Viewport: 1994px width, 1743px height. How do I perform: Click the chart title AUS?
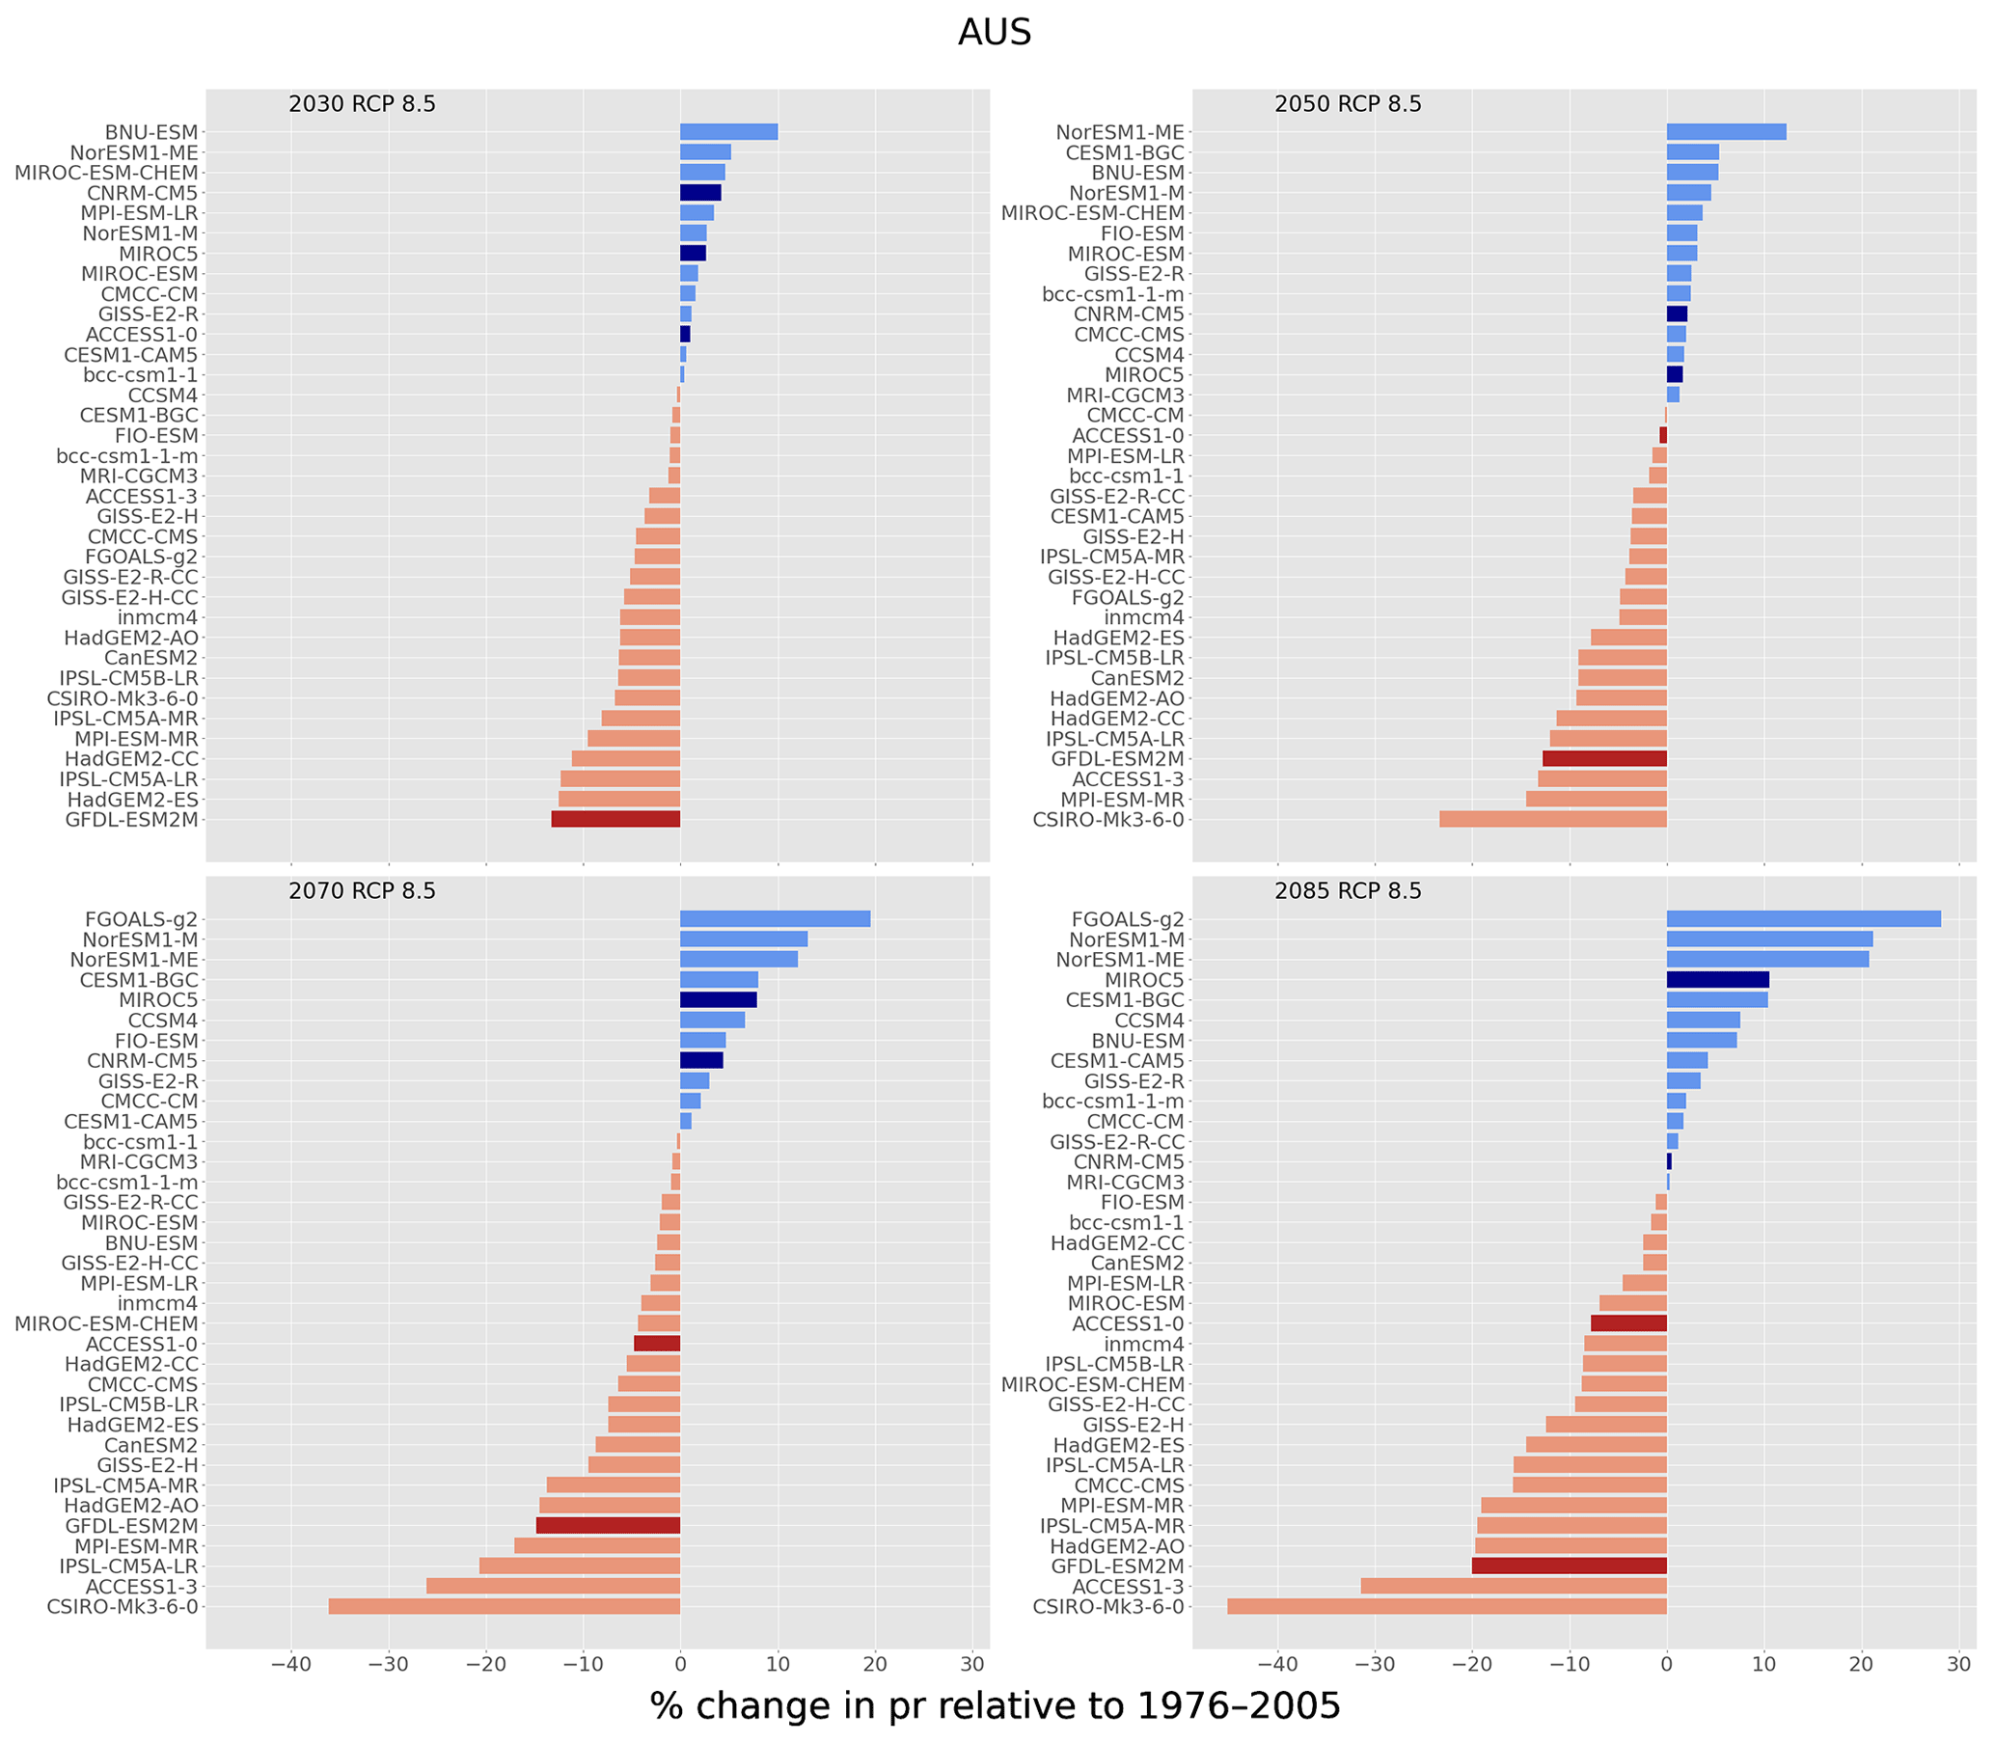pyautogui.click(x=994, y=33)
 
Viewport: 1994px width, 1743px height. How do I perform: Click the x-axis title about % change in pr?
pyautogui.click(x=994, y=1705)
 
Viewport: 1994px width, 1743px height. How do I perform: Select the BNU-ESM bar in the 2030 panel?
pyautogui.click(x=728, y=132)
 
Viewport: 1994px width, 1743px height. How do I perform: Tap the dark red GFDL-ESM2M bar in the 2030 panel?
pyautogui.click(x=615, y=819)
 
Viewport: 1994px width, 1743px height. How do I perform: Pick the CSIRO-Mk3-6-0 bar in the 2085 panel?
pyautogui.click(x=1446, y=1606)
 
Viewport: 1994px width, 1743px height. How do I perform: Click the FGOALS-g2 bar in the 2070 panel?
pyautogui.click(x=776, y=919)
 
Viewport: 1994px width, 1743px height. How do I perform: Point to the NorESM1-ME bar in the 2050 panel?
pyautogui.click(x=1726, y=132)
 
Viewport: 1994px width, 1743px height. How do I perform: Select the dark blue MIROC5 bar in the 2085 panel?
pyautogui.click(x=1717, y=979)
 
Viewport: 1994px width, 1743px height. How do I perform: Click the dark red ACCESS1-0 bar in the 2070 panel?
pyautogui.click(x=657, y=1344)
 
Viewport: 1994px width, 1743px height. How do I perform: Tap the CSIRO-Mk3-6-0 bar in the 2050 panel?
pyautogui.click(x=1552, y=819)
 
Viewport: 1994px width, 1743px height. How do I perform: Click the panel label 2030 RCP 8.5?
pyautogui.click(x=362, y=104)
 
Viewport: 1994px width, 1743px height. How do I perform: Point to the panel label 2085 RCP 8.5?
pyautogui.click(x=1348, y=891)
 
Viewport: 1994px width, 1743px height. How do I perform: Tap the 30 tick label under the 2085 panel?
pyautogui.click(x=1958, y=1664)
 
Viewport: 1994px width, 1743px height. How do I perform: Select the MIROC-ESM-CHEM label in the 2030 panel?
pyautogui.click(x=106, y=173)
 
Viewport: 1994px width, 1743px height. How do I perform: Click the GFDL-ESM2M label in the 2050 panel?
pyautogui.click(x=1118, y=759)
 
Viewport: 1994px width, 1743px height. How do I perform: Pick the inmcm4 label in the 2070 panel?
pyautogui.click(x=157, y=1303)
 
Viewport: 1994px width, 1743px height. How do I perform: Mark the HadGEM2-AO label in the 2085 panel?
pyautogui.click(x=1118, y=1546)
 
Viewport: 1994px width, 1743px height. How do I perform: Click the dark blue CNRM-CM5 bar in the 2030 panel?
pyautogui.click(x=700, y=193)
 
